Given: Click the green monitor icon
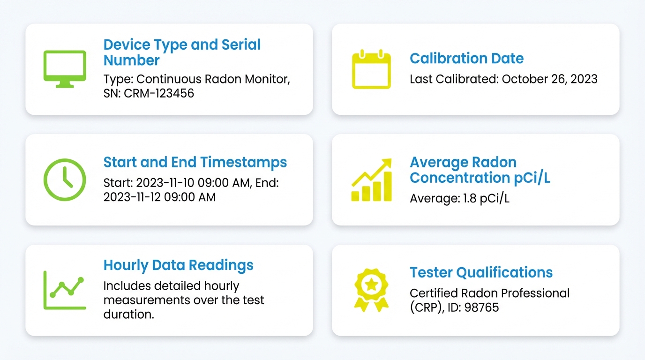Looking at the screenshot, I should [x=65, y=69].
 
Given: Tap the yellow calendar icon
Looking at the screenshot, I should [x=371, y=69].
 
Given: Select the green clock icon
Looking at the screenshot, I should [x=65, y=180].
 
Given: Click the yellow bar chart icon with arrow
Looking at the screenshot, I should [x=371, y=180].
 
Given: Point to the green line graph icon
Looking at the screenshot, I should [x=65, y=290].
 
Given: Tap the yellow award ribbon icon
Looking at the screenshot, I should [x=371, y=290].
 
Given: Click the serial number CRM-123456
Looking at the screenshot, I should [x=159, y=93].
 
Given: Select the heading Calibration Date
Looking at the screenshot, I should [x=466, y=59].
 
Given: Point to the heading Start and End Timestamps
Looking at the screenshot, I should [x=195, y=162].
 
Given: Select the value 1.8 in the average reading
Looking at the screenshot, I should [x=469, y=198].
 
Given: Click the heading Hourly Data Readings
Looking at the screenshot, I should [x=178, y=265].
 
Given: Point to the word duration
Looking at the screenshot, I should [x=128, y=314].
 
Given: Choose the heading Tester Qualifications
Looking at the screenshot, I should [x=481, y=272].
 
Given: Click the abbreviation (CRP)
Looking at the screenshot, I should [x=425, y=307].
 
